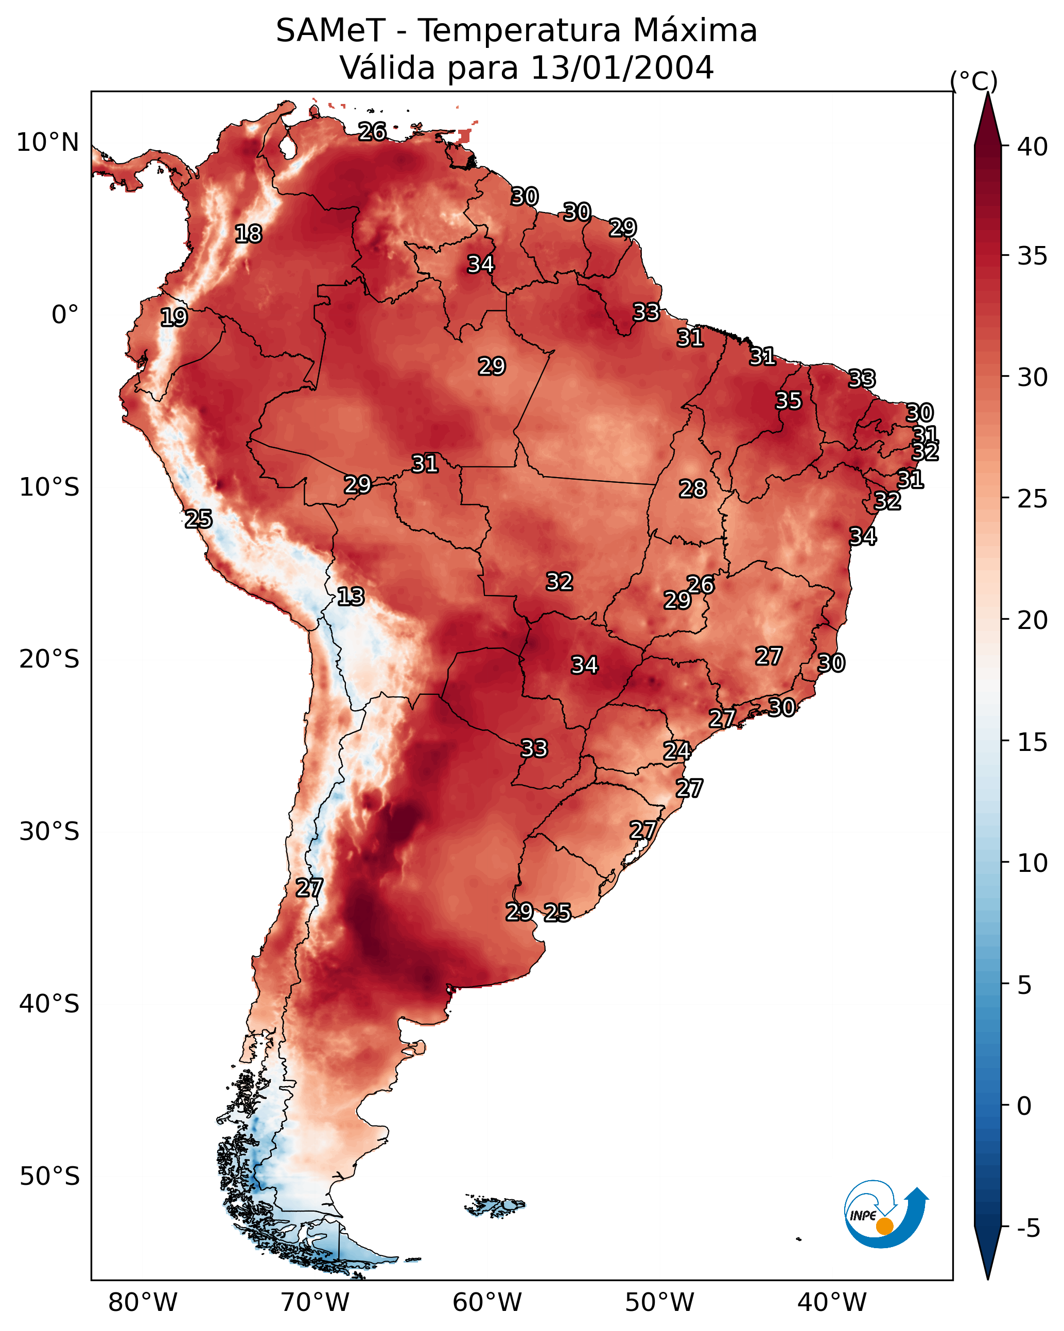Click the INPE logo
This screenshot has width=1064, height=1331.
[x=885, y=1217]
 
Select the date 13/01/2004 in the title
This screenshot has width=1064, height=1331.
[x=621, y=67]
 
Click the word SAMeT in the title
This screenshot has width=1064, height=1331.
[x=330, y=31]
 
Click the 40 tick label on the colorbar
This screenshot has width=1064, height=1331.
[x=1032, y=147]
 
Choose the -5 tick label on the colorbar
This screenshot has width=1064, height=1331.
[x=1028, y=1229]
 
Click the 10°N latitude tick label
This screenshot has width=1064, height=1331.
[x=47, y=143]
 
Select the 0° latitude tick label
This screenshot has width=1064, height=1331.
[x=65, y=315]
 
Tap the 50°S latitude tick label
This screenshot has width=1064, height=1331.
[x=49, y=1177]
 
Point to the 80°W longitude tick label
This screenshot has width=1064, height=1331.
[x=143, y=1303]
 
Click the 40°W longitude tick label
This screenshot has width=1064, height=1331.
[x=832, y=1303]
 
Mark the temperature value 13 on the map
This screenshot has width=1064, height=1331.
[x=351, y=597]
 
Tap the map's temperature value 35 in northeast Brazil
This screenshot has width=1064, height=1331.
[x=788, y=400]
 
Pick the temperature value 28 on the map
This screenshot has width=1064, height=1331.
[x=692, y=489]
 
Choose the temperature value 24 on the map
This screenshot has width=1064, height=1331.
[x=676, y=751]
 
